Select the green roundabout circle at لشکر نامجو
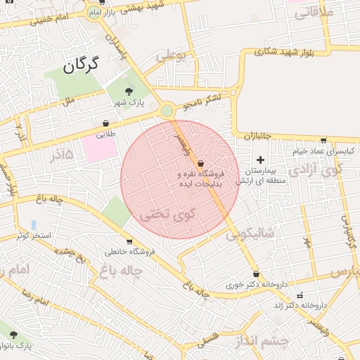(167, 110)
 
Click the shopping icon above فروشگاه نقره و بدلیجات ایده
(201, 162)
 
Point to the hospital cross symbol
(260, 160)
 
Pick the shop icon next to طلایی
(105, 123)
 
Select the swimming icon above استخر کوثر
(33, 224)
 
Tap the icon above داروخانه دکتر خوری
(256, 274)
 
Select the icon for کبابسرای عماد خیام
(323, 140)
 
